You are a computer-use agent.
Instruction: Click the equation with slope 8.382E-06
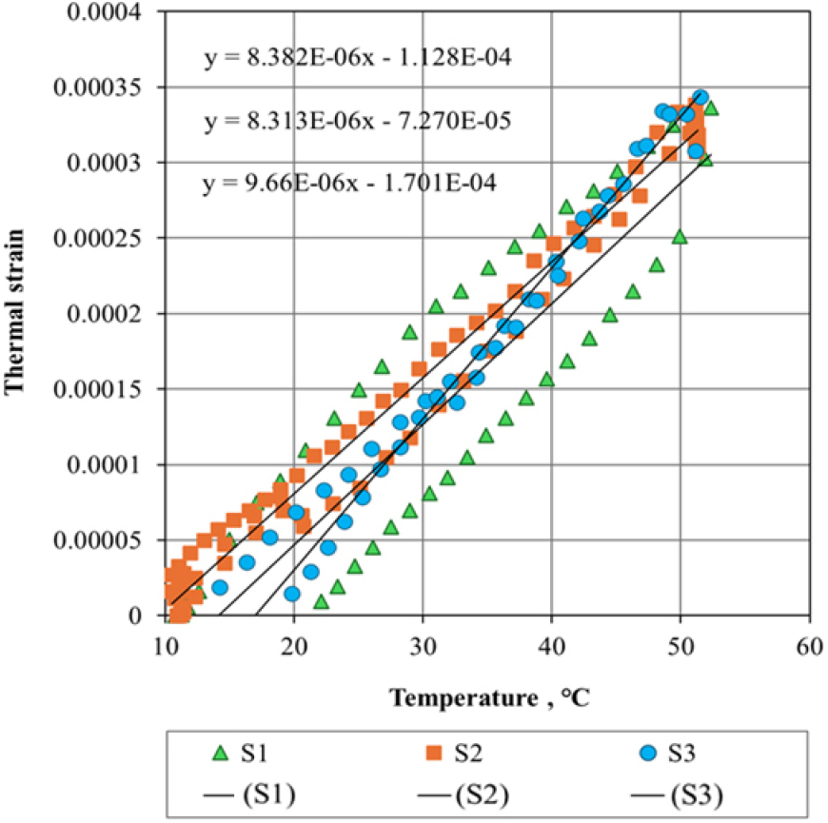359,58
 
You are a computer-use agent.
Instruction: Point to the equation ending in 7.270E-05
359,121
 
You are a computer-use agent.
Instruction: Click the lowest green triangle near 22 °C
321,602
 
